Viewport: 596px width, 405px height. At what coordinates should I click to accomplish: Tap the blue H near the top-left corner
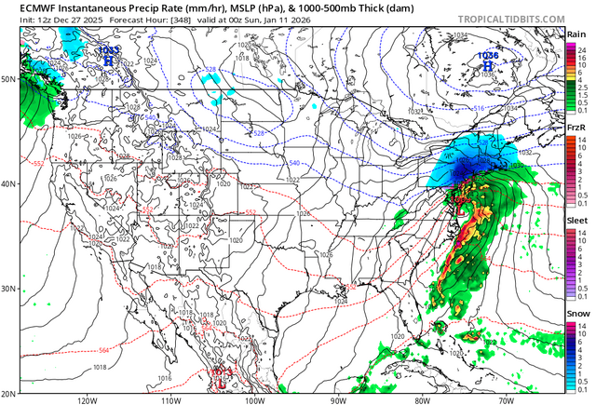[x=109, y=59]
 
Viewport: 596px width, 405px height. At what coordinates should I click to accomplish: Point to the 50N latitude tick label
[x=8, y=79]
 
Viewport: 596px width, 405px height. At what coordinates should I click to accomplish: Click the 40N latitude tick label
[x=8, y=183]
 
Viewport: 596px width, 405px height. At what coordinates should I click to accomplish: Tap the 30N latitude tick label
[x=8, y=289]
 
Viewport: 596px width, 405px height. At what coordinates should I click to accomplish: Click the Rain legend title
[x=576, y=34]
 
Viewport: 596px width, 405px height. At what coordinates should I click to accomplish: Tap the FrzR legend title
[x=576, y=128]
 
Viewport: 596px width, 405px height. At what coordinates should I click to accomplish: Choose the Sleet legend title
[x=577, y=222]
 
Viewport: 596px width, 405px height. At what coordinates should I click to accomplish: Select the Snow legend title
[x=577, y=316]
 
